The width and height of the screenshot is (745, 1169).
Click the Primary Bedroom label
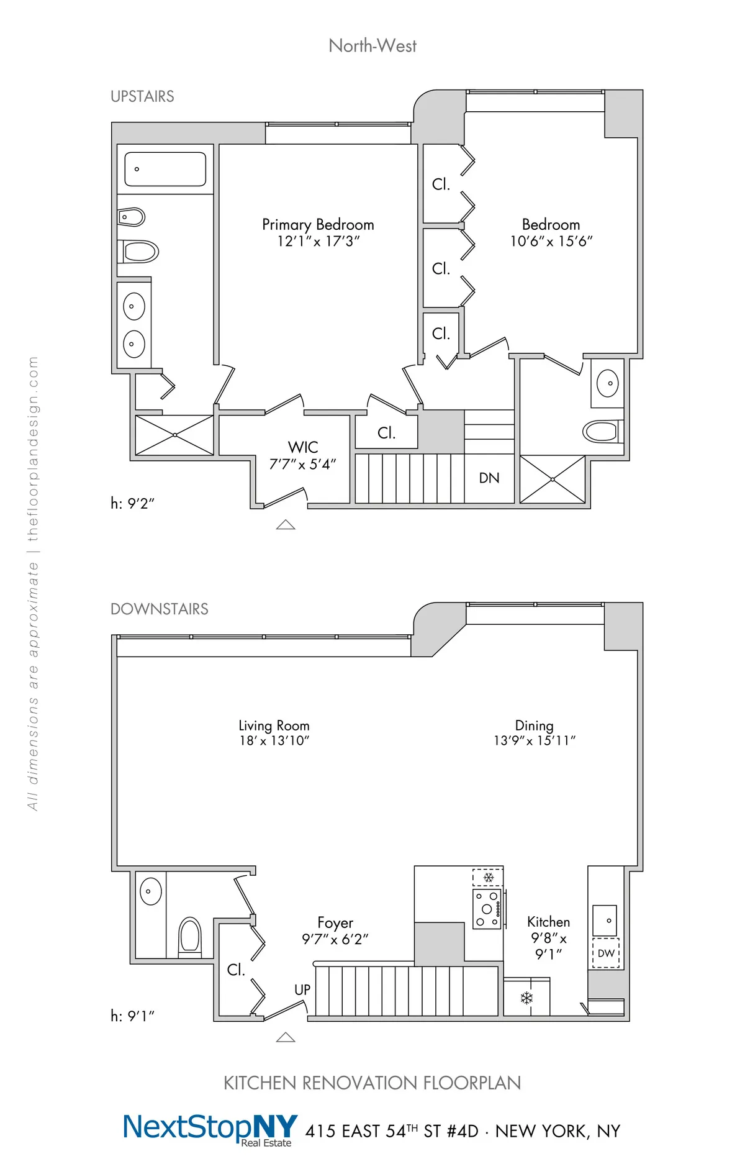pos(318,224)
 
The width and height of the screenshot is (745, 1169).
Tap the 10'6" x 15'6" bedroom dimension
pos(551,242)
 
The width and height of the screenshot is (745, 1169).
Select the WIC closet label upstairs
pos(303,447)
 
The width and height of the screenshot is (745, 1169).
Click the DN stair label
pos(489,478)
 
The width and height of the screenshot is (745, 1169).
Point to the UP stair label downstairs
pos(302,990)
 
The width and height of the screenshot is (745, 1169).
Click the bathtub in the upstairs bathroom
pos(165,169)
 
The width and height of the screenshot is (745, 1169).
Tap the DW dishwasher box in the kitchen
pos(606,953)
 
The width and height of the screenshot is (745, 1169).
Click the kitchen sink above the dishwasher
pos(605,921)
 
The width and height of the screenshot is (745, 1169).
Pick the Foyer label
pos(335,922)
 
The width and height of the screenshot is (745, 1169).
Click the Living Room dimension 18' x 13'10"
pos(274,741)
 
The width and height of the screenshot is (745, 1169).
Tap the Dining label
pos(534,726)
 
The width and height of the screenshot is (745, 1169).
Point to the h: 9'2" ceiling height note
pos(132,504)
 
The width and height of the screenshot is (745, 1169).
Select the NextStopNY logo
pos(210,1129)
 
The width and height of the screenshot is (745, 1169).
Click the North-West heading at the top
pos(372,46)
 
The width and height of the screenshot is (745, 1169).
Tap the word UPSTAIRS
pos(142,97)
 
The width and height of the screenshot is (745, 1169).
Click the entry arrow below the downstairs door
pos(286,1037)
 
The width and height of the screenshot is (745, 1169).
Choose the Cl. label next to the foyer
pos(236,970)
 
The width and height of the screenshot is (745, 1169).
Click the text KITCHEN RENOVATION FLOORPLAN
pos(372,1083)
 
